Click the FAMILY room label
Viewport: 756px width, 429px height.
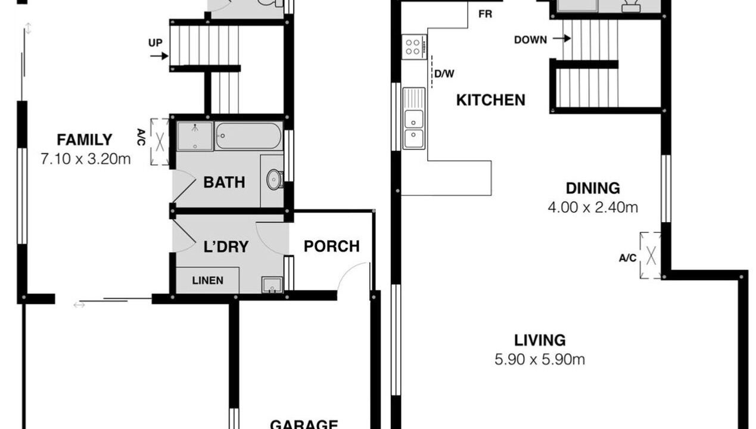click(x=85, y=140)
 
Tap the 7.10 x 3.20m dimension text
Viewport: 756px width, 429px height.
click(x=86, y=159)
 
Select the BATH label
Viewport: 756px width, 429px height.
click(x=224, y=182)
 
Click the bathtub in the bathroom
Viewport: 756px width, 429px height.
click(x=248, y=136)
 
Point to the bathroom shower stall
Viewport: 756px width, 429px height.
click(x=195, y=136)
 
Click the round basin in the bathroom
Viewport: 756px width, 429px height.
click(x=274, y=179)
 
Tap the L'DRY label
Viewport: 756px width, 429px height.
click(x=226, y=247)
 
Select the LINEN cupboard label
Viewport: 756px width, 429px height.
click(x=207, y=281)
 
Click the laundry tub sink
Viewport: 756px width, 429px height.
click(x=272, y=285)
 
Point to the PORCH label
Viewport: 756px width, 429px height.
click(x=331, y=247)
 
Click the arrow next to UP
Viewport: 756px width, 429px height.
click(x=159, y=56)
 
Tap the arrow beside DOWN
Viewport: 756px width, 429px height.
click(x=562, y=39)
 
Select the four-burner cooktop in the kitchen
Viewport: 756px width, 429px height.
click(x=414, y=47)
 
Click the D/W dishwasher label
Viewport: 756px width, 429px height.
click(x=444, y=74)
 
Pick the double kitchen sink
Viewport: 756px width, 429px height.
click(x=414, y=118)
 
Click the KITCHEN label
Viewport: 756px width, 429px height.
click(x=491, y=100)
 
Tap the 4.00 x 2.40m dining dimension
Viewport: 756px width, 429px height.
click(x=593, y=207)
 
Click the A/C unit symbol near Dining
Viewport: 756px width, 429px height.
click(x=651, y=255)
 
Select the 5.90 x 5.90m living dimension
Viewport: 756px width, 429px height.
click(x=540, y=359)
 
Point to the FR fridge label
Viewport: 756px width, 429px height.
click(x=486, y=14)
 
